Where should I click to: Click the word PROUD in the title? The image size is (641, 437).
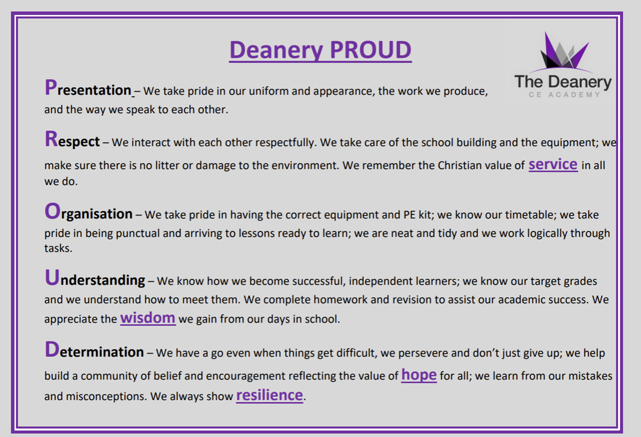(371, 50)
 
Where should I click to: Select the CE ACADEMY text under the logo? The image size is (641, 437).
(564, 95)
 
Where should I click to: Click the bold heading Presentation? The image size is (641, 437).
(88, 87)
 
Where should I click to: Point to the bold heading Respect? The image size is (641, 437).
(72, 139)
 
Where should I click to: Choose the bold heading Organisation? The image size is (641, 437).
(88, 212)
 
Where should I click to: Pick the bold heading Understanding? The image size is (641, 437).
(95, 278)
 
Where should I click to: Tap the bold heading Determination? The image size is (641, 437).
(94, 350)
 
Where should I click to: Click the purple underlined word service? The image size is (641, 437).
(553, 164)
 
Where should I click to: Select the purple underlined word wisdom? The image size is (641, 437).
(148, 318)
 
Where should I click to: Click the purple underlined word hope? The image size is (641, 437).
(419, 375)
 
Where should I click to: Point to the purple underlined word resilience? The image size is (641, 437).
(269, 395)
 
